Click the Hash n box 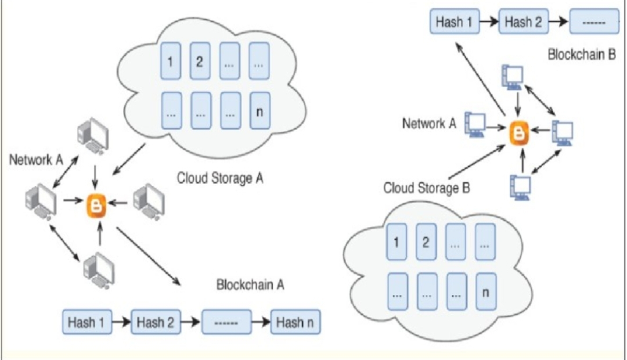pyautogui.click(x=296, y=322)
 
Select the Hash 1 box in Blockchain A pyautogui.click(x=86, y=322)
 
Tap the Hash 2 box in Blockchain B pyautogui.click(x=522, y=23)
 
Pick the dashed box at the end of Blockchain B pyautogui.click(x=593, y=23)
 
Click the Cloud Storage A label pyautogui.click(x=220, y=177)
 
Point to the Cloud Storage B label pyautogui.click(x=426, y=188)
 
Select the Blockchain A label pyautogui.click(x=250, y=286)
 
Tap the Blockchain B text pyautogui.click(x=581, y=55)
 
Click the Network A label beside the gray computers pyautogui.click(x=36, y=160)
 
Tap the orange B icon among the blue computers pyautogui.click(x=519, y=134)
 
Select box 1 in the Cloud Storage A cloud pyautogui.click(x=170, y=60)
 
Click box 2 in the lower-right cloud pyautogui.click(x=426, y=242)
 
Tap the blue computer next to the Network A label pyautogui.click(x=477, y=124)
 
